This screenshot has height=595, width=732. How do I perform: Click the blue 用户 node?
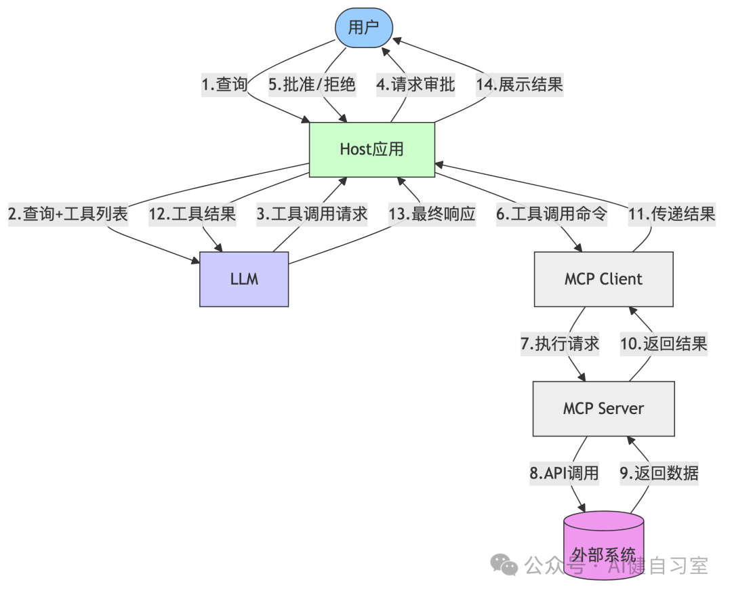click(x=365, y=28)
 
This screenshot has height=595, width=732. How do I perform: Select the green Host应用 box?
click(x=371, y=150)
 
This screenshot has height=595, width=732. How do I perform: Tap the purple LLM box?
click(x=244, y=279)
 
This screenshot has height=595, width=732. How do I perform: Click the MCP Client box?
click(x=603, y=279)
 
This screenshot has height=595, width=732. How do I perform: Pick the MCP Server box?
click(x=603, y=409)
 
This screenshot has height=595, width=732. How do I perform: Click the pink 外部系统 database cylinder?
click(x=603, y=546)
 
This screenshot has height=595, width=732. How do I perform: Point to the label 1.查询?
click(x=224, y=85)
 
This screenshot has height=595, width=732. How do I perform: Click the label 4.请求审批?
click(x=415, y=85)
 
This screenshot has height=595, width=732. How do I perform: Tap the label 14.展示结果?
click(x=519, y=85)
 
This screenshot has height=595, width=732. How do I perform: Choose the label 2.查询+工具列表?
click(x=68, y=214)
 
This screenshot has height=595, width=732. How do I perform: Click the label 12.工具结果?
click(x=192, y=214)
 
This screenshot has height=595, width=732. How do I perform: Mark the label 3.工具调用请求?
click(x=312, y=214)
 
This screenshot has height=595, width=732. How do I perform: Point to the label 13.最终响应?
click(x=432, y=214)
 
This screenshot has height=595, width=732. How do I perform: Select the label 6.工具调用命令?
click(x=552, y=214)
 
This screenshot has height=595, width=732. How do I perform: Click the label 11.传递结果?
click(x=672, y=214)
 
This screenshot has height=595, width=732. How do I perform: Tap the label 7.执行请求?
click(x=560, y=344)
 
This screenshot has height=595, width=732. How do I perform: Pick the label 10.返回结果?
click(x=664, y=344)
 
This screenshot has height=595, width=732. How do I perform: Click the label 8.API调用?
click(x=564, y=473)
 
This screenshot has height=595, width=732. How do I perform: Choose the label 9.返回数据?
click(x=659, y=473)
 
